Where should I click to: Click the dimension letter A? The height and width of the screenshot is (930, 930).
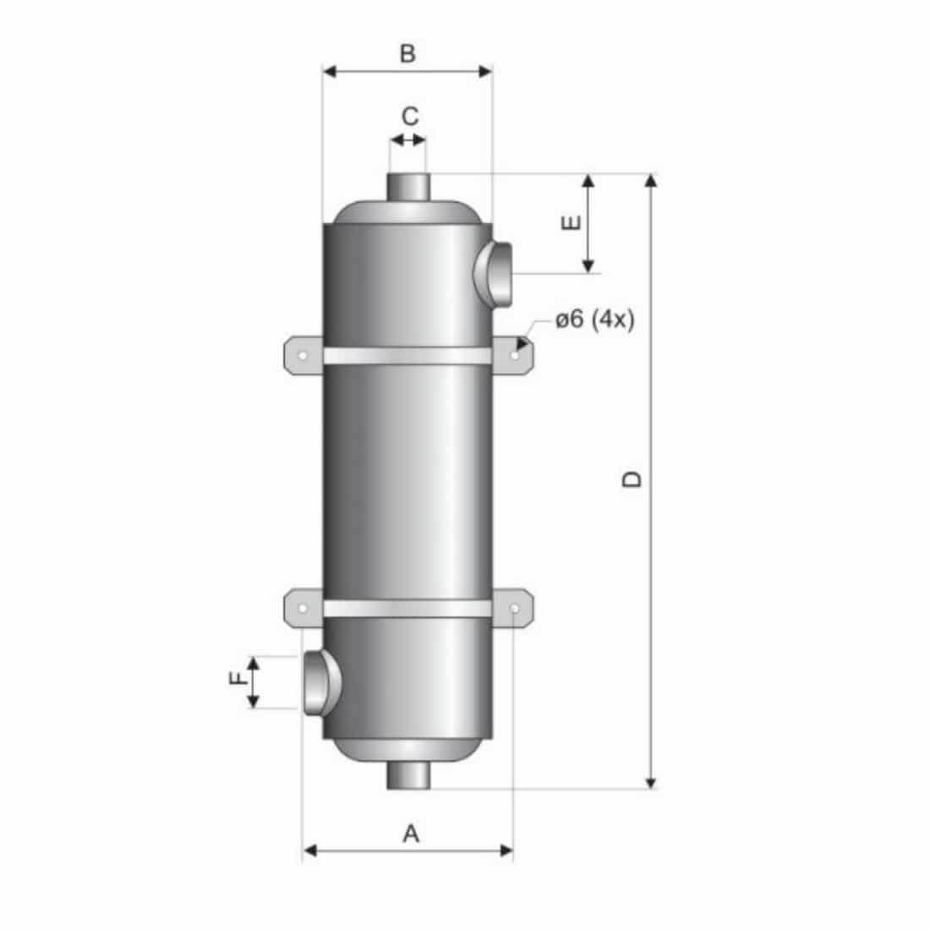410,834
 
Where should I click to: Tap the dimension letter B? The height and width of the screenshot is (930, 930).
408,53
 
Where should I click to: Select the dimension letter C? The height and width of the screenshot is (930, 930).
410,117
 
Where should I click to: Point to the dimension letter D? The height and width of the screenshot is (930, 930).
632,479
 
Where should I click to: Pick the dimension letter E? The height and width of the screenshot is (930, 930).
572,222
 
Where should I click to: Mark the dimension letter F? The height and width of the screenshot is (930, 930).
238,677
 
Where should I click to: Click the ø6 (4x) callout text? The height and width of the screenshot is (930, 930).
594,320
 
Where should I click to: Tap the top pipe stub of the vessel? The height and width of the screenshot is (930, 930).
408,187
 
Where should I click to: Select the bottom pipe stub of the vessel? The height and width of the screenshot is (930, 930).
408,775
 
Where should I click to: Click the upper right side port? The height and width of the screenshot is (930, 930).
494,273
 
